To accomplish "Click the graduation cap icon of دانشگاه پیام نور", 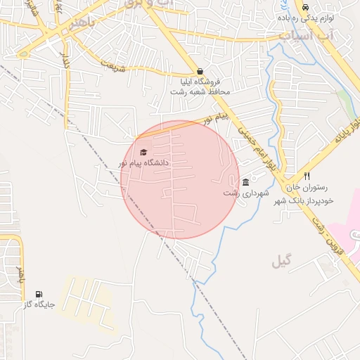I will point(143,152).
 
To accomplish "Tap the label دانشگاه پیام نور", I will point(143,163).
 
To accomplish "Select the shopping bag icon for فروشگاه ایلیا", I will point(200,72).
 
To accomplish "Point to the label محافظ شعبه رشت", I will point(200,91).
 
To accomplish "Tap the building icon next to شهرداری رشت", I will point(245,182).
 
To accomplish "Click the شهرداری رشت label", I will point(241,193).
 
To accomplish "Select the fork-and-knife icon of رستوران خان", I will point(307,176).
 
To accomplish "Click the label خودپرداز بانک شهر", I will point(309,200).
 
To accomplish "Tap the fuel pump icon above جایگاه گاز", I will point(38,294).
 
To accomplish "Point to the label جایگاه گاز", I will point(38,305).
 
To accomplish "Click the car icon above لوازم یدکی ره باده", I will point(305,7).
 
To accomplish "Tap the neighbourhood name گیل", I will point(281,262).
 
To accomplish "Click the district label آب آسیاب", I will point(301,34).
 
